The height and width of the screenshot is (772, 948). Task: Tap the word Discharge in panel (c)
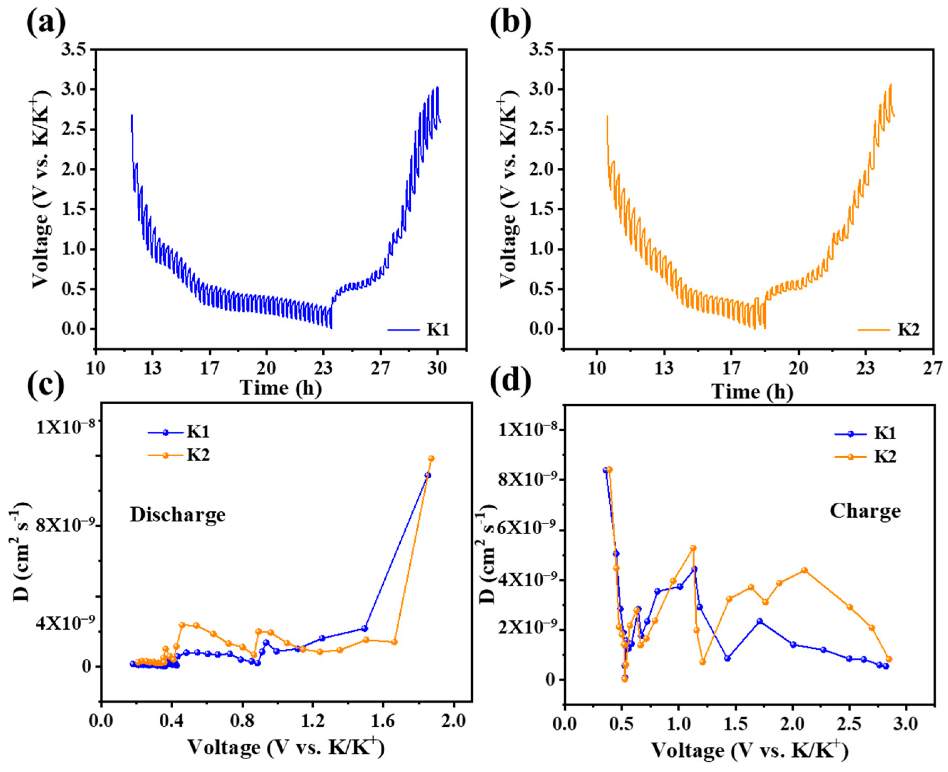(178, 515)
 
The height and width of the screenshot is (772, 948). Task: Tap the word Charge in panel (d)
(865, 511)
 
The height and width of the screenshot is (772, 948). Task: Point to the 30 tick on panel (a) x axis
(438, 369)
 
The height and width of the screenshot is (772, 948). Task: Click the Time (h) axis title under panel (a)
(281, 388)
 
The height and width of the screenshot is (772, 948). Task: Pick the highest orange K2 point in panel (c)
(431, 458)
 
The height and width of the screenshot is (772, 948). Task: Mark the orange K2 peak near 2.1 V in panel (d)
(804, 570)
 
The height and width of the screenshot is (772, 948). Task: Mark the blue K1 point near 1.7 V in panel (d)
(759, 621)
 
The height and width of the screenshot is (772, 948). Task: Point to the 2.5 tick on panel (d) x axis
(849, 725)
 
